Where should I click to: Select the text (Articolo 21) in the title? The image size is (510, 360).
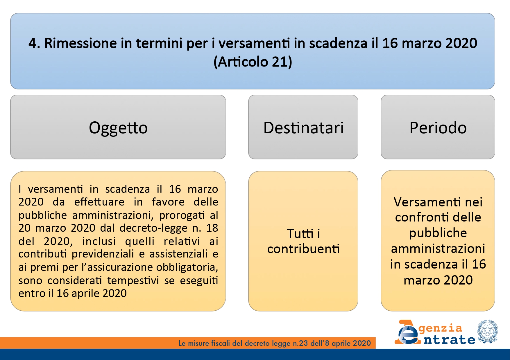[x=253, y=62]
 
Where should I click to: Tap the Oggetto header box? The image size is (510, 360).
[x=118, y=127]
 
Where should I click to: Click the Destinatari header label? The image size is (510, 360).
[x=303, y=127]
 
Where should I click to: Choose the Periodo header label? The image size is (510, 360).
[x=438, y=127]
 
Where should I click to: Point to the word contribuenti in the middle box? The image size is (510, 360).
[x=303, y=249]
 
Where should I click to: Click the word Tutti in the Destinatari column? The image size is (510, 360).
[x=300, y=233]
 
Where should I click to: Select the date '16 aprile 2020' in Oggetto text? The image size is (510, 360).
[x=92, y=293]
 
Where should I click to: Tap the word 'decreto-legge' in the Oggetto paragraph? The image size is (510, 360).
[x=153, y=228]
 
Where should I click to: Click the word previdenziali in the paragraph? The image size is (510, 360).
[x=103, y=254]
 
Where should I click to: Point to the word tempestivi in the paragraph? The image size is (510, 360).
[x=133, y=280]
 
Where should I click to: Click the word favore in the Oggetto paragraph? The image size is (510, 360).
[x=168, y=202]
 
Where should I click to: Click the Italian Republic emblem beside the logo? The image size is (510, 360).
[x=487, y=331]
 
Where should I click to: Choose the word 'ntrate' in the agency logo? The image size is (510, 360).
[x=449, y=339]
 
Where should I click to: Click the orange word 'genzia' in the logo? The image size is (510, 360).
[x=440, y=328]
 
